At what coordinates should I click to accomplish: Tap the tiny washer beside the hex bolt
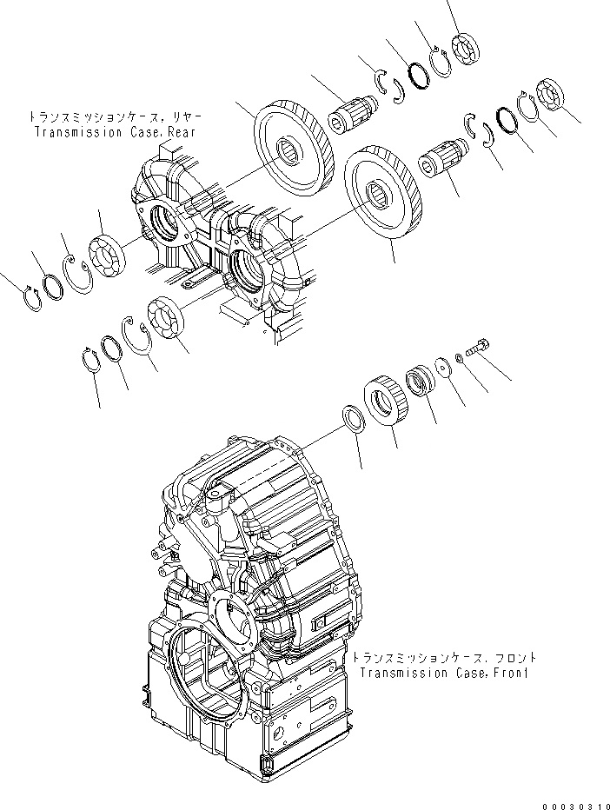[x=459, y=357]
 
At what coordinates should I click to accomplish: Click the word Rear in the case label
[x=180, y=132]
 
